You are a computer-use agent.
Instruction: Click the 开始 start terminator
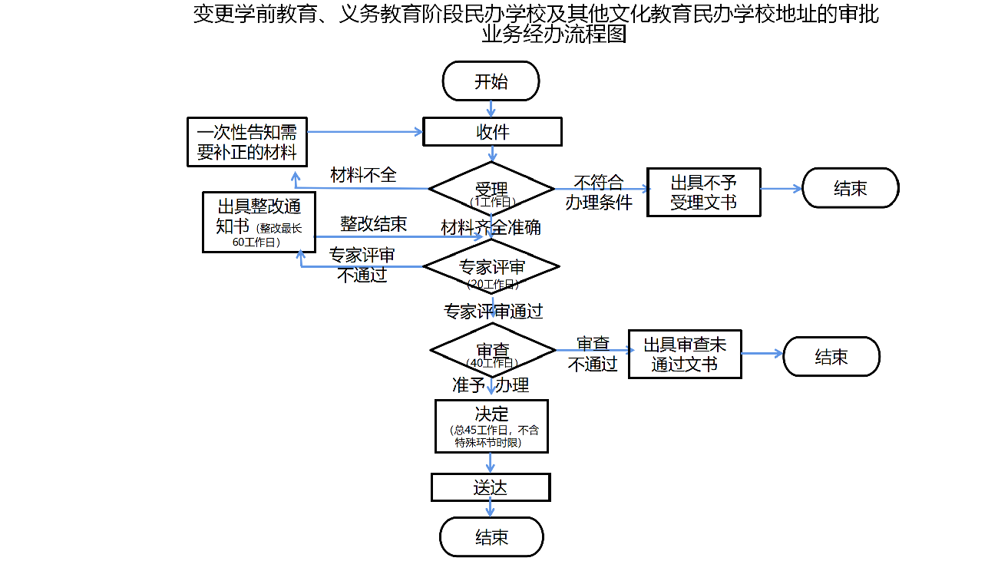[x=491, y=81]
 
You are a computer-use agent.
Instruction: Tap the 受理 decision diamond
[x=491, y=189]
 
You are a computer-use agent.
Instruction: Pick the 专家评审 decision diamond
[x=491, y=267]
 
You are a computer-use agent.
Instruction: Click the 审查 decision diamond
[x=492, y=351]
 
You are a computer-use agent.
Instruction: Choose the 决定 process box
[x=491, y=426]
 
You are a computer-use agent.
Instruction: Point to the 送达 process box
[x=491, y=487]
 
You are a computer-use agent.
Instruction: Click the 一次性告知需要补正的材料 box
[x=246, y=141]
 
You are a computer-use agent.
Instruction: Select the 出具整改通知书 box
[x=259, y=222]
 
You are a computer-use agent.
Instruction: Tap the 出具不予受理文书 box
[x=704, y=193]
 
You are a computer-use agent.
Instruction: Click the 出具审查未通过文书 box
[x=685, y=355]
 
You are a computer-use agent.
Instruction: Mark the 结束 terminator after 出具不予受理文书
[x=850, y=188]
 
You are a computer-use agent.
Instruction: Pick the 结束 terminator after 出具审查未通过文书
[x=831, y=357]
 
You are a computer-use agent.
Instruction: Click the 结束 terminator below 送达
[x=491, y=537]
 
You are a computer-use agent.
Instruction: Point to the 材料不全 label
[x=363, y=175]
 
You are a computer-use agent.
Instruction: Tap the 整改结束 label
[x=373, y=224]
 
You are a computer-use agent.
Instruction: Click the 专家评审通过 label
[x=493, y=311]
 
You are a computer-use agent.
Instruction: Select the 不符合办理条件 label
[x=599, y=193]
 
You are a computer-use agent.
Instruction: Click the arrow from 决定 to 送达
[x=491, y=463]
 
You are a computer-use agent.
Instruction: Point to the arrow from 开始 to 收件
[x=491, y=108]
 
